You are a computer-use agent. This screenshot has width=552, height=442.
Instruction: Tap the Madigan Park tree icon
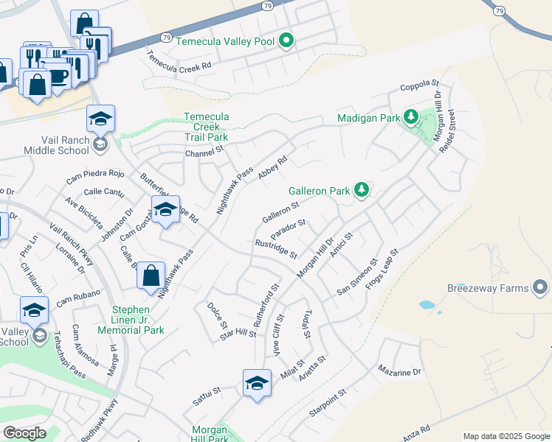411,117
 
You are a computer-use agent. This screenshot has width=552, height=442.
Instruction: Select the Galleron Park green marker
362,190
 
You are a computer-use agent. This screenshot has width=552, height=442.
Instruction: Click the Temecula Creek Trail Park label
206,127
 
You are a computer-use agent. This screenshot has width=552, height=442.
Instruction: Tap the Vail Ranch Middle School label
55,133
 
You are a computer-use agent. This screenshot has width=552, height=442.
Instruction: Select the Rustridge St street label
275,249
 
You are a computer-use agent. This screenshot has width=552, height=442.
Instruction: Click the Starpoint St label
327,404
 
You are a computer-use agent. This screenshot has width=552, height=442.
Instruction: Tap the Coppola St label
419,87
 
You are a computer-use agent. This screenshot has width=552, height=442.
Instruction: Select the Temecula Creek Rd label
179,61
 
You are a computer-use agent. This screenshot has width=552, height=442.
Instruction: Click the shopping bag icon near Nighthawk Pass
151,278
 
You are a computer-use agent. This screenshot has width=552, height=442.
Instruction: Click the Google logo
24,432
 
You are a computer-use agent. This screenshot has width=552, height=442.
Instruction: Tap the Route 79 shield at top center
266,6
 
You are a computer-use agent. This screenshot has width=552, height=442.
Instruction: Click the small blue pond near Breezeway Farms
427,304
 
